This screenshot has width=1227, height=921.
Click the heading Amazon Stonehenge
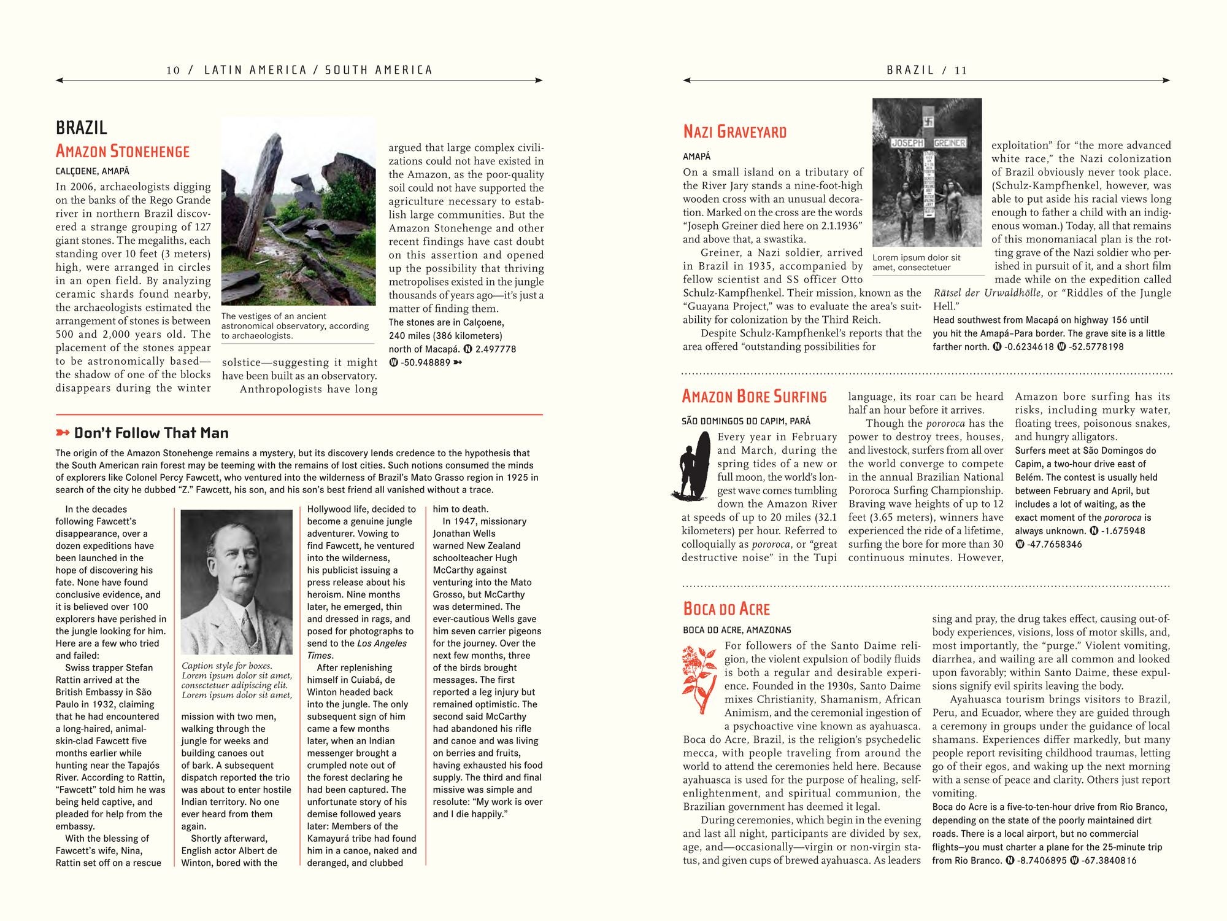point(123,151)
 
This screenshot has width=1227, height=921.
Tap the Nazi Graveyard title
point(734,131)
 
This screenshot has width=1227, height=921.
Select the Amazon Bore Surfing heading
point(754,397)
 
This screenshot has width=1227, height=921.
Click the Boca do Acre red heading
point(726,608)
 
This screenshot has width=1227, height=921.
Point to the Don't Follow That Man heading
point(151,433)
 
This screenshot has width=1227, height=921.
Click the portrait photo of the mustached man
point(236,581)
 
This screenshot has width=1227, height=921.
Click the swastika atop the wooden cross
point(927,122)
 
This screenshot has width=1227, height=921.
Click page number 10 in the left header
point(173,70)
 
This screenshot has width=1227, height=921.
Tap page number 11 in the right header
point(961,70)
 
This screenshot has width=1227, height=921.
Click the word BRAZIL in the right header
point(910,70)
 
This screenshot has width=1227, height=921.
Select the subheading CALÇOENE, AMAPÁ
point(93,171)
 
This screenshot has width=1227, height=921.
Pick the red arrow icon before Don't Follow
point(63,433)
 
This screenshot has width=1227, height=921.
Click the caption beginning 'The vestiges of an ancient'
point(295,325)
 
